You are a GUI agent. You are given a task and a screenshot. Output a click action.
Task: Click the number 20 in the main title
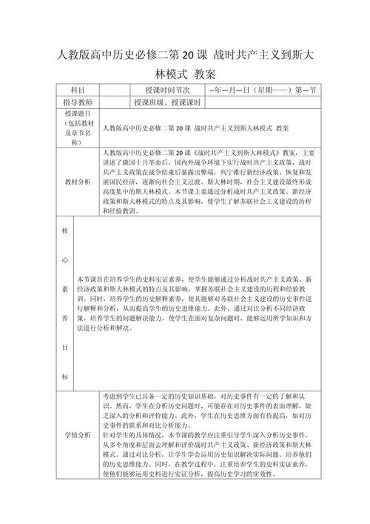tap(189, 55)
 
